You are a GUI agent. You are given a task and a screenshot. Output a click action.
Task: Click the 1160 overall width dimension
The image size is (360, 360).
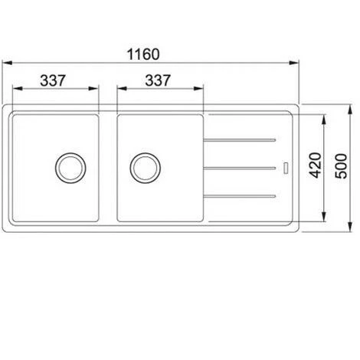[x=143, y=54]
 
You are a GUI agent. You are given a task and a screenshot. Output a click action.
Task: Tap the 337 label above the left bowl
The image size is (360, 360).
[x=53, y=80]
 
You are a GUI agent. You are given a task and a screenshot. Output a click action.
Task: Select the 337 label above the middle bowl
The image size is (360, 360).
[x=158, y=80]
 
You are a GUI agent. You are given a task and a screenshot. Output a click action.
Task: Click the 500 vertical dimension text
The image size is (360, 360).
[x=342, y=166]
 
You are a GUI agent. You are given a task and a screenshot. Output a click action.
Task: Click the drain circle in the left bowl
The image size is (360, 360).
[x=70, y=168]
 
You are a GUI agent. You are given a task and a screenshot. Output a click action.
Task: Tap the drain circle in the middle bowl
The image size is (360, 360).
[x=146, y=168]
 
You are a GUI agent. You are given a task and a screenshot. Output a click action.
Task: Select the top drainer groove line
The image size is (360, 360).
[x=240, y=140]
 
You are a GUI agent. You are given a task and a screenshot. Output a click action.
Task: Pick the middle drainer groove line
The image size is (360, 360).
[x=240, y=168]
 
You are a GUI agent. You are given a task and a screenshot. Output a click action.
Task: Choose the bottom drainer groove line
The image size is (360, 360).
[x=240, y=196]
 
